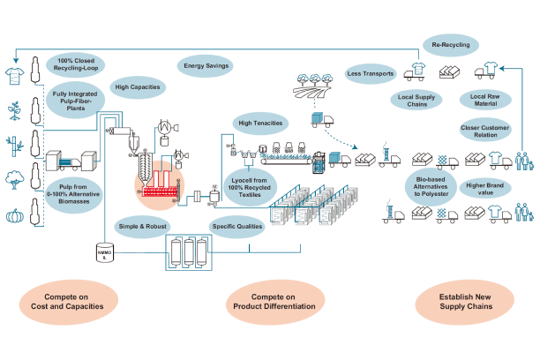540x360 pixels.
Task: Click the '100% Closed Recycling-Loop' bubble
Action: (x=77, y=64)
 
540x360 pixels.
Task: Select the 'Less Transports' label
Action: (x=371, y=74)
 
